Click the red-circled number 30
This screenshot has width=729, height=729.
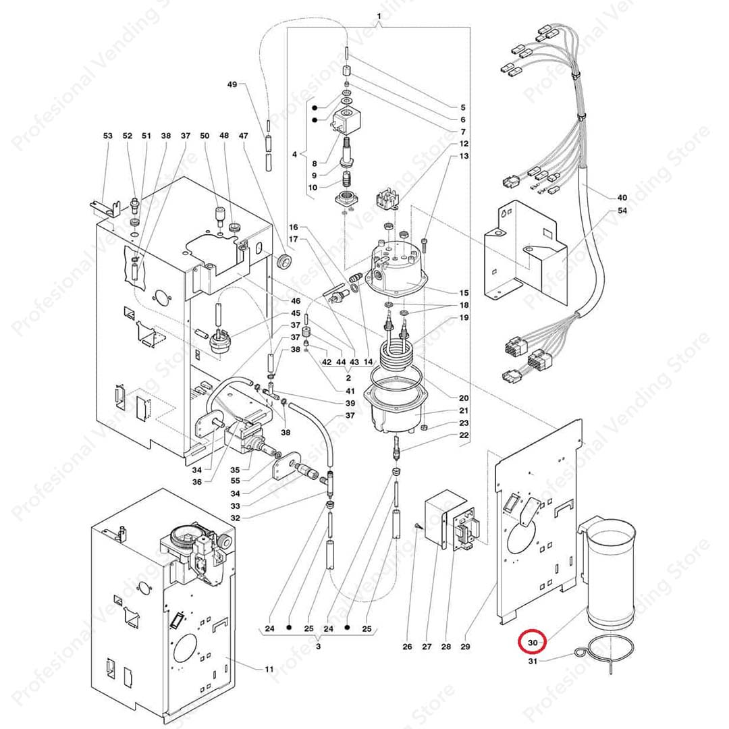[x=532, y=644]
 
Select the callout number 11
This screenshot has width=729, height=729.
[x=269, y=669]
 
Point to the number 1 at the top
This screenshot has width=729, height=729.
[x=379, y=16]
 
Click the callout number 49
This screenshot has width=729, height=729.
[x=232, y=84]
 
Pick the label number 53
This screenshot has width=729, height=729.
[x=108, y=136]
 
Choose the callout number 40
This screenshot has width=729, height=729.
[x=622, y=198]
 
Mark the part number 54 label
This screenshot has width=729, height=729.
[x=622, y=211]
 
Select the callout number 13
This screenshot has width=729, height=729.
[x=464, y=156]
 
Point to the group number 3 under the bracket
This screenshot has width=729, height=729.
[x=318, y=646]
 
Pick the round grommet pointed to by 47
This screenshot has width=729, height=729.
[x=283, y=260]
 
